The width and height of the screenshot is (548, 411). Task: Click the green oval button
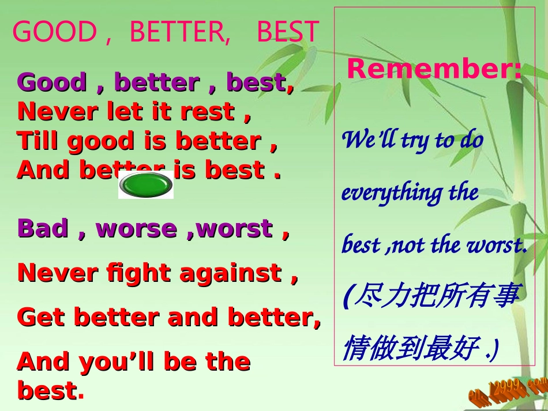coord(145,184)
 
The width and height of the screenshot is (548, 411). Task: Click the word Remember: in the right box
coord(434,69)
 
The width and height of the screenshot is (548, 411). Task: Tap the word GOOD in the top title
coord(54,32)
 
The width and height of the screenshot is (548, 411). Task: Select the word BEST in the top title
coord(287,32)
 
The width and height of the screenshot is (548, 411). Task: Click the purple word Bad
coord(44,228)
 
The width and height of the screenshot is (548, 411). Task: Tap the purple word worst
coord(234,228)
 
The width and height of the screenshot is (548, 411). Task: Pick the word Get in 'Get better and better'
coord(41,317)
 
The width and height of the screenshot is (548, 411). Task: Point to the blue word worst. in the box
coord(497,245)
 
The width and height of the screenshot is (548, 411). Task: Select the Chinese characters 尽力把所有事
coord(436,296)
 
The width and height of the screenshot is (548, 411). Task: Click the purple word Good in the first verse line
coord(52,82)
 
